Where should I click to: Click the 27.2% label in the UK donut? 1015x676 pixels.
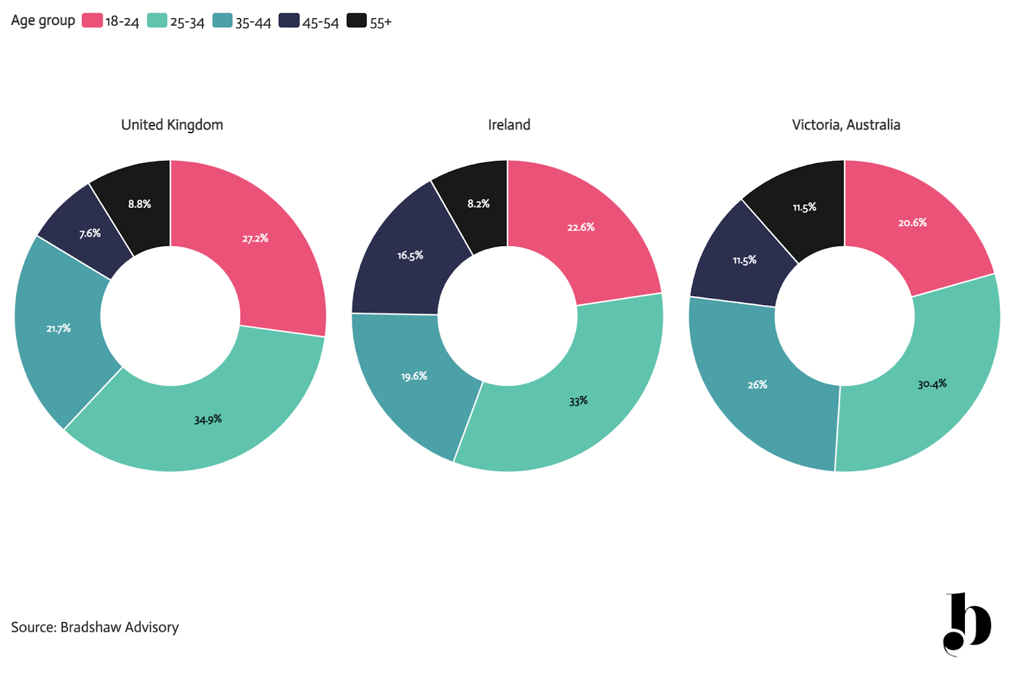tap(255, 238)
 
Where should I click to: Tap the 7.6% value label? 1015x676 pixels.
tap(89, 233)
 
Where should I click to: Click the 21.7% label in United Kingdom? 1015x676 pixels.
tap(58, 328)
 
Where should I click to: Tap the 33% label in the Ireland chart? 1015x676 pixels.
tap(578, 401)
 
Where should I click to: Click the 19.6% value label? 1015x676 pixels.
tap(414, 376)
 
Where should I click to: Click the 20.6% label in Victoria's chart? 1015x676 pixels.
tap(912, 223)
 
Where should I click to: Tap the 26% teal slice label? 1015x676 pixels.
tap(757, 385)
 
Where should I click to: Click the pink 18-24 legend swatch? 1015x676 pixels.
tap(92, 21)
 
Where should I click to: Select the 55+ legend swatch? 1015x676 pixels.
tap(357, 21)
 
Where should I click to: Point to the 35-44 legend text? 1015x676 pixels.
tap(253, 22)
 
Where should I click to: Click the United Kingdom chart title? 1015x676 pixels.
tap(172, 124)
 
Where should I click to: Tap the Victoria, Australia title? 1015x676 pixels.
tap(846, 124)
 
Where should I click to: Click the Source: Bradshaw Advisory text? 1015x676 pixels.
tap(95, 627)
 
